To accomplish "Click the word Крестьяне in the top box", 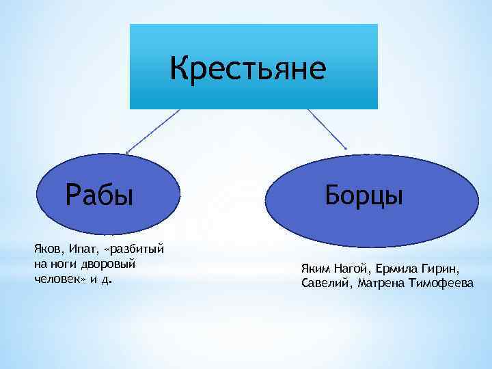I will [249, 68].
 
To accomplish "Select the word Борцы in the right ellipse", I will [364, 195].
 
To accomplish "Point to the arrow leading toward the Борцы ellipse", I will [327, 129].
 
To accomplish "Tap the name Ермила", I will [396, 267].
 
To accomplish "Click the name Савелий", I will [325, 284].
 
